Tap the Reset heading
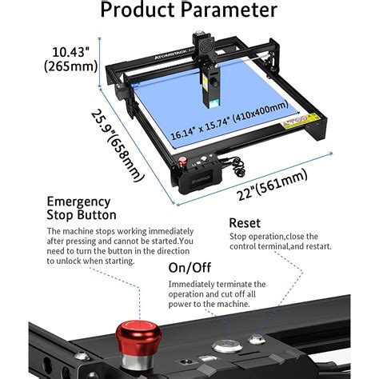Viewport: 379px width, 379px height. tap(245, 222)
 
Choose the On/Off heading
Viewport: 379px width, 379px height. tap(188, 268)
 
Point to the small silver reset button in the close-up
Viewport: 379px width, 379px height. tap(257, 339)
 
